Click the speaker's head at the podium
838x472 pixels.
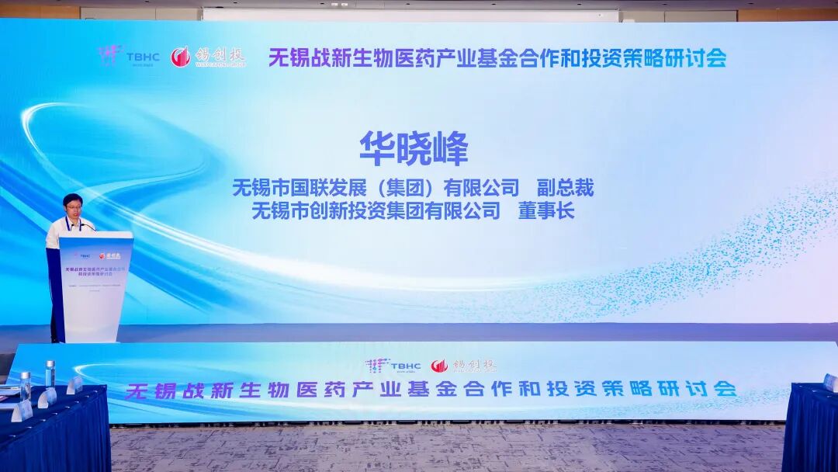click(73, 206)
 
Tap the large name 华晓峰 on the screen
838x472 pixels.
click(414, 148)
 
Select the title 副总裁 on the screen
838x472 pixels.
click(565, 187)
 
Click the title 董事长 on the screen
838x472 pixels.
click(546, 210)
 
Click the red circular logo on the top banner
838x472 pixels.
click(181, 57)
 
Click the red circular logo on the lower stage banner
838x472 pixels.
click(439, 366)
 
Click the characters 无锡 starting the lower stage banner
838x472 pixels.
click(151, 390)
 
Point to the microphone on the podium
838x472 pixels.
click(88, 226)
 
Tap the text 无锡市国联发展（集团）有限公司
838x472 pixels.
click(376, 187)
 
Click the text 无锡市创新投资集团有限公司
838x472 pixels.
click(376, 210)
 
